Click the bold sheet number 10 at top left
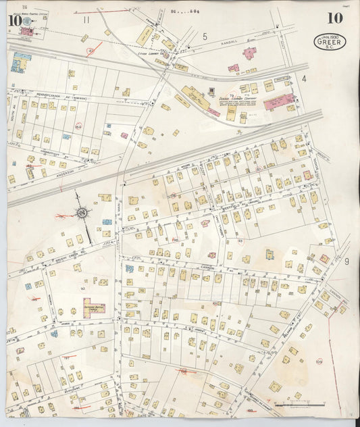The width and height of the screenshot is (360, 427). click(14, 20)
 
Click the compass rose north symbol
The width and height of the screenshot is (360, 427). click(81, 214)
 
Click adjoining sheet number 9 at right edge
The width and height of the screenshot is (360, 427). click(346, 261)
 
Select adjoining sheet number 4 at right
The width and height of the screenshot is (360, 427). click(305, 79)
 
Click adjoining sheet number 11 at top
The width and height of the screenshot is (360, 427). click(86, 20)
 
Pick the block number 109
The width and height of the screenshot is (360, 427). click(319, 362)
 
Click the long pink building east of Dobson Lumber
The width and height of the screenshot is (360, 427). click(279, 102)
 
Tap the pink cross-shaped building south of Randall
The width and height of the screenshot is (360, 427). click(249, 53)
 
